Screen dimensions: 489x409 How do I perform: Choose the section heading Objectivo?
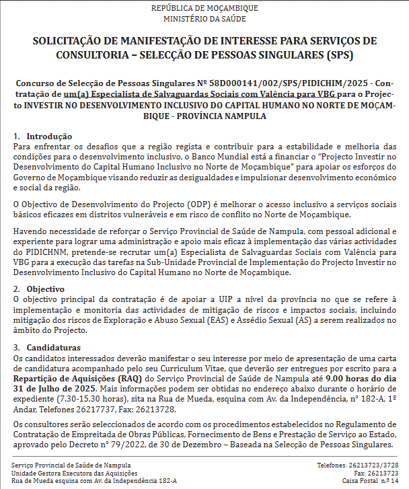49,289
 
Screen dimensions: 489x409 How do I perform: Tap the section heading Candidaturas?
59,348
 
